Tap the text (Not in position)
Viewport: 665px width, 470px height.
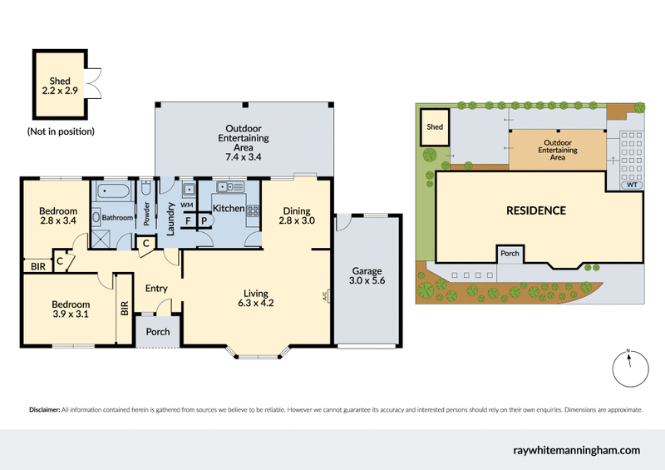(60, 131)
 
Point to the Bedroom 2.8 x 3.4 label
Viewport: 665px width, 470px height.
(58, 216)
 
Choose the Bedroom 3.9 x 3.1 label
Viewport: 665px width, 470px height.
(70, 308)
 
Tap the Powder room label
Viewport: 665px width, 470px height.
(146, 215)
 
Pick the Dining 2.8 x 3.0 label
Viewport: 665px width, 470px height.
(296, 216)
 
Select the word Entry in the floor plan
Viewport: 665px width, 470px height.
(156, 289)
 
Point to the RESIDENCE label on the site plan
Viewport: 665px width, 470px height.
(536, 210)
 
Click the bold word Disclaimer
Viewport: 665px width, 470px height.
(44, 410)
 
